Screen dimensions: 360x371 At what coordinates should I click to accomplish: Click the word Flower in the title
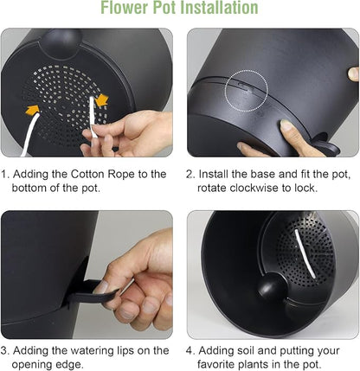tap(125, 8)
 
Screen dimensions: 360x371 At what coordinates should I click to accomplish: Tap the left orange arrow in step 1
tap(32, 110)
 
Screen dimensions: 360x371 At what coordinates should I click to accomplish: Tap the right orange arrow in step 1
tap(101, 100)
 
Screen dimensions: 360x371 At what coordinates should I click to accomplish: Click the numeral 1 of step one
tap(4, 175)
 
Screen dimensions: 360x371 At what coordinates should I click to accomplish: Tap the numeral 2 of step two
tap(190, 175)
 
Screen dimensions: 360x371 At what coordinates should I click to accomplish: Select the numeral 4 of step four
tap(190, 351)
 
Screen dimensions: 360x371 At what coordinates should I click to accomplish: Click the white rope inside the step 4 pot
tap(304, 253)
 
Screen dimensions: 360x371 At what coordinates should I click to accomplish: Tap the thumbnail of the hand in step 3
tap(101, 287)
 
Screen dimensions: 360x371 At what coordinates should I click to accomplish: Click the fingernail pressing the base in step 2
tap(286, 125)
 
